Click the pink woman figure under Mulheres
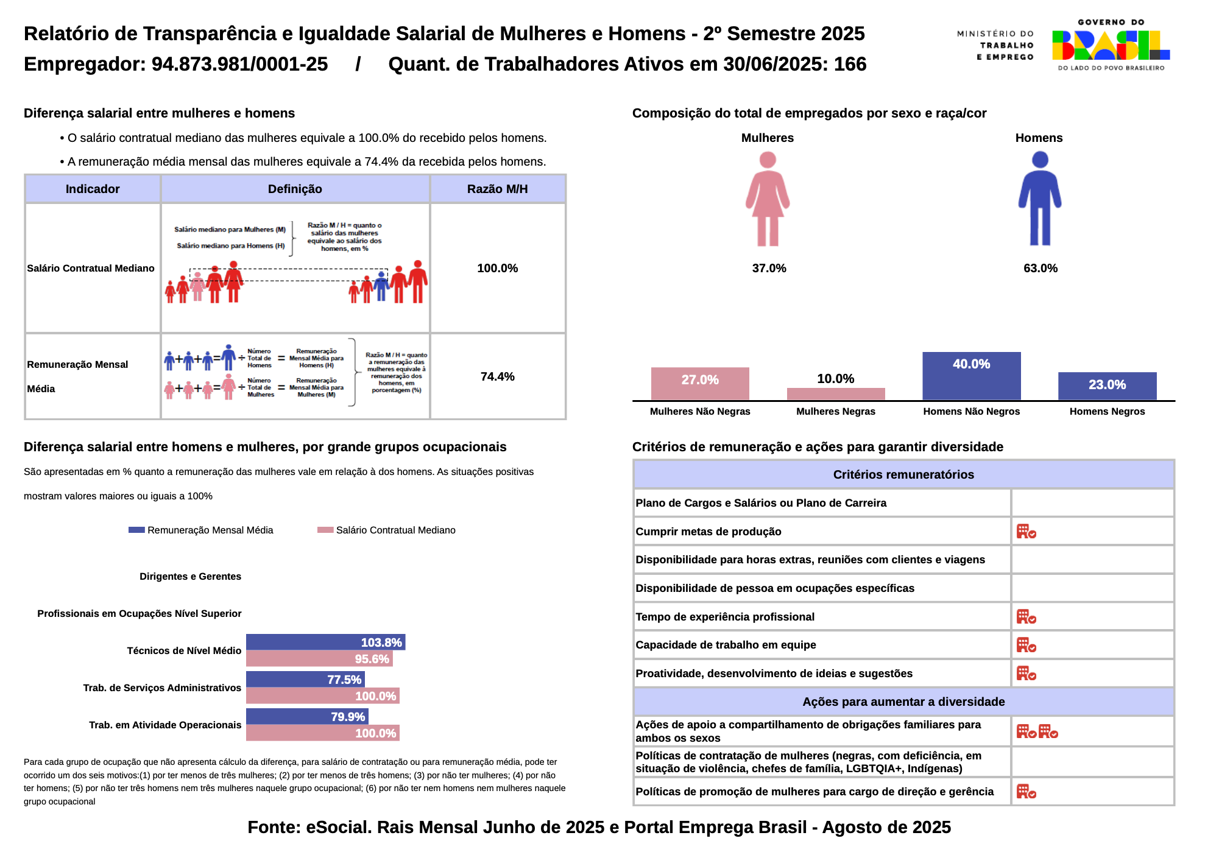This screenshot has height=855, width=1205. (x=768, y=199)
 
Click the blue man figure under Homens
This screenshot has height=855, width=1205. (x=1040, y=199)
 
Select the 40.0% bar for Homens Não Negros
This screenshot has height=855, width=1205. (x=971, y=376)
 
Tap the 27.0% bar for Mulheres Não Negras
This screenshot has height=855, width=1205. (x=700, y=384)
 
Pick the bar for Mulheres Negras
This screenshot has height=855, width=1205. (x=836, y=394)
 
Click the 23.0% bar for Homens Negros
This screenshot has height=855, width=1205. (x=1107, y=386)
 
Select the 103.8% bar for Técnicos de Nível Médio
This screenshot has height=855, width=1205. (x=325, y=642)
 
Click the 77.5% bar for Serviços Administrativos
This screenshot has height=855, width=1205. (x=305, y=679)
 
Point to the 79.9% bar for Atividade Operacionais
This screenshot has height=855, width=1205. (x=307, y=716)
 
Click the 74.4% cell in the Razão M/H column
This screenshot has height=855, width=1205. (x=497, y=376)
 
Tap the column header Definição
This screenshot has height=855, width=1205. (x=295, y=189)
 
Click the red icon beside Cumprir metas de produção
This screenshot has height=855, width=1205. (x=1026, y=532)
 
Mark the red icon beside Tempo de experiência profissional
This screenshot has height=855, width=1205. (x=1026, y=617)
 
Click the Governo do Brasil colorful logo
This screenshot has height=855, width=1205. (x=1111, y=45)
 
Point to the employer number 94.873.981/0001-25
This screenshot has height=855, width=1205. (x=239, y=64)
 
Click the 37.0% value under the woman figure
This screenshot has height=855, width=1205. (x=769, y=268)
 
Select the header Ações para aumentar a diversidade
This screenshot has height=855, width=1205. (x=903, y=702)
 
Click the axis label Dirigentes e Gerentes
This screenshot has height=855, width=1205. (x=190, y=576)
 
